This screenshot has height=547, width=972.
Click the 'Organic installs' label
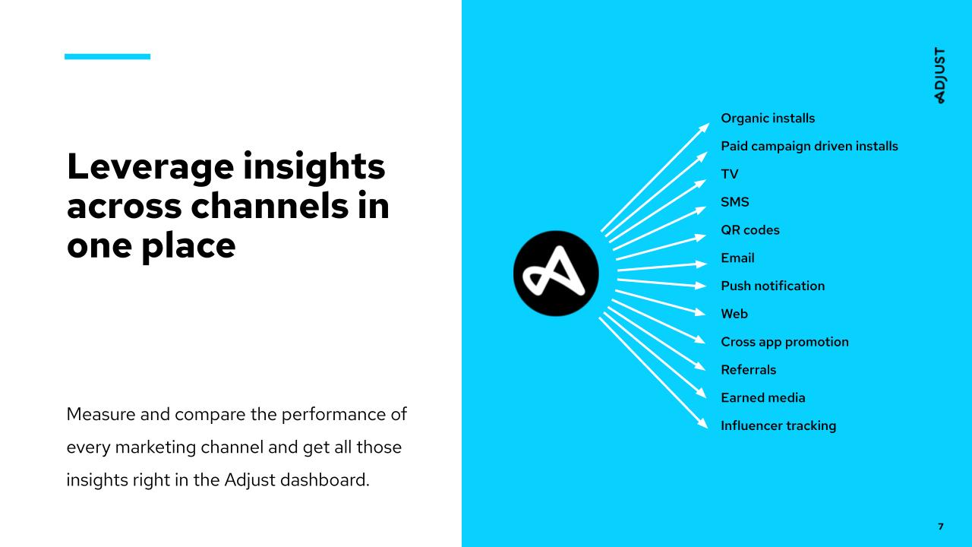pos(768,118)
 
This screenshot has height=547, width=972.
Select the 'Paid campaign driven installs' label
pos(809,147)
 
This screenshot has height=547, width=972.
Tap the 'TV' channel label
pos(730,174)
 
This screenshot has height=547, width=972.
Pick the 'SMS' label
pos(734,202)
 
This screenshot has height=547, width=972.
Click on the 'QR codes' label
pos(750,230)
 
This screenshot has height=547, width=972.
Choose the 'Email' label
pos(737,258)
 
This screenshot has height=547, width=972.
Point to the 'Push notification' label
pos(773,286)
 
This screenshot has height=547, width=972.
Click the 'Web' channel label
pos(734,314)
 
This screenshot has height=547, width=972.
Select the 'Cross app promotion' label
pos(784,342)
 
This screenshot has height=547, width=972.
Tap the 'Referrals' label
pos(748,370)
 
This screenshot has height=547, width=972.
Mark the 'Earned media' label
pos(763,397)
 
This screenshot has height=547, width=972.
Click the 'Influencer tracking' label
pos(778,426)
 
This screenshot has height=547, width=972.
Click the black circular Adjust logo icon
pos(556,273)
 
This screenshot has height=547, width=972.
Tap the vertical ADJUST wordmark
pos(940,75)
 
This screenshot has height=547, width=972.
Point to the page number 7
pos(941,526)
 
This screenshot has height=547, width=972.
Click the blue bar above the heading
pos(107,56)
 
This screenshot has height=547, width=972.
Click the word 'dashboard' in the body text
pos(323,480)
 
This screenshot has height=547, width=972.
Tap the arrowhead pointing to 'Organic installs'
pos(704,128)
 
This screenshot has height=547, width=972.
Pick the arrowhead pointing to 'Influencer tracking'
pos(702,423)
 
